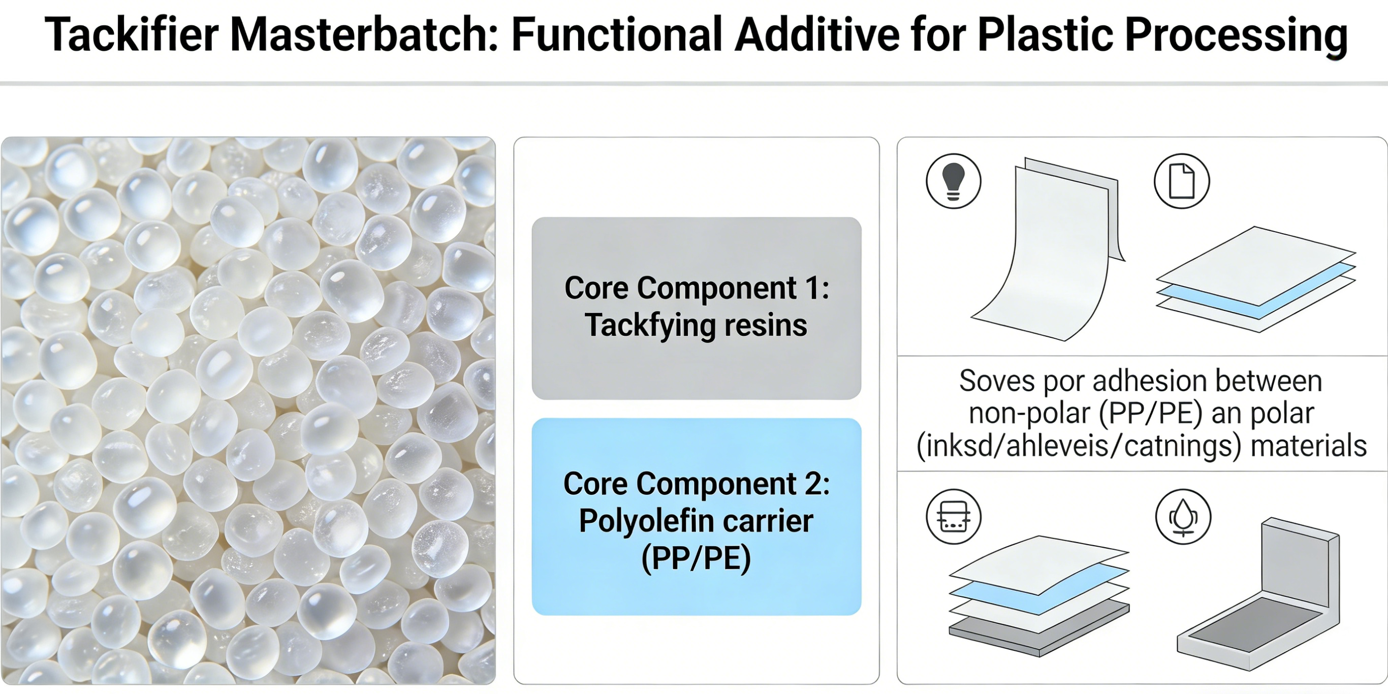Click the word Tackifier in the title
[x=132, y=35]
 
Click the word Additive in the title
[x=817, y=35]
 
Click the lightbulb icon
[x=953, y=181]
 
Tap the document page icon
[x=1182, y=181]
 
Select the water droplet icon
[x=1183, y=517]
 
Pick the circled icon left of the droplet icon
[x=953, y=517]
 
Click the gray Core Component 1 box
[x=696, y=308]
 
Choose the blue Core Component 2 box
[x=696, y=517]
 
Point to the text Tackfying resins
[x=696, y=326]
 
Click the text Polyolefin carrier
[x=696, y=521]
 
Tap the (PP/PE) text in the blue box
[x=696, y=558]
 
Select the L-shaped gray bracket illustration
[x=1258, y=594]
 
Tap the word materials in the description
[x=1308, y=446]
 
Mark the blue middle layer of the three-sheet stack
[x=1256, y=291]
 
